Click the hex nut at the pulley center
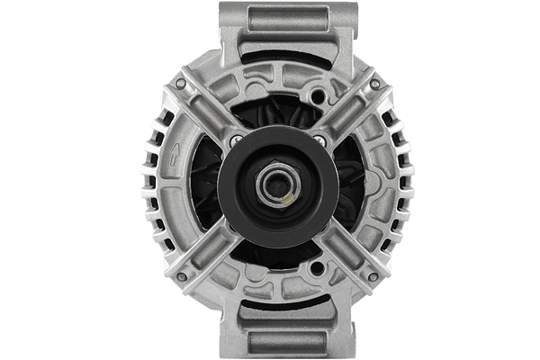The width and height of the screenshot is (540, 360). tap(274, 186)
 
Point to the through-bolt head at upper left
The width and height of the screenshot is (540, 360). tap(181, 84)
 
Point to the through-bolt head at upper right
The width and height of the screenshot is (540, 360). tap(374, 84)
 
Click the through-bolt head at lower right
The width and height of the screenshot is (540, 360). tap(373, 277)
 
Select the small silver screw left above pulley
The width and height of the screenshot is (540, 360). tap(236, 140)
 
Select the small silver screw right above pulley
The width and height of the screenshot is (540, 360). tap(319, 140)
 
